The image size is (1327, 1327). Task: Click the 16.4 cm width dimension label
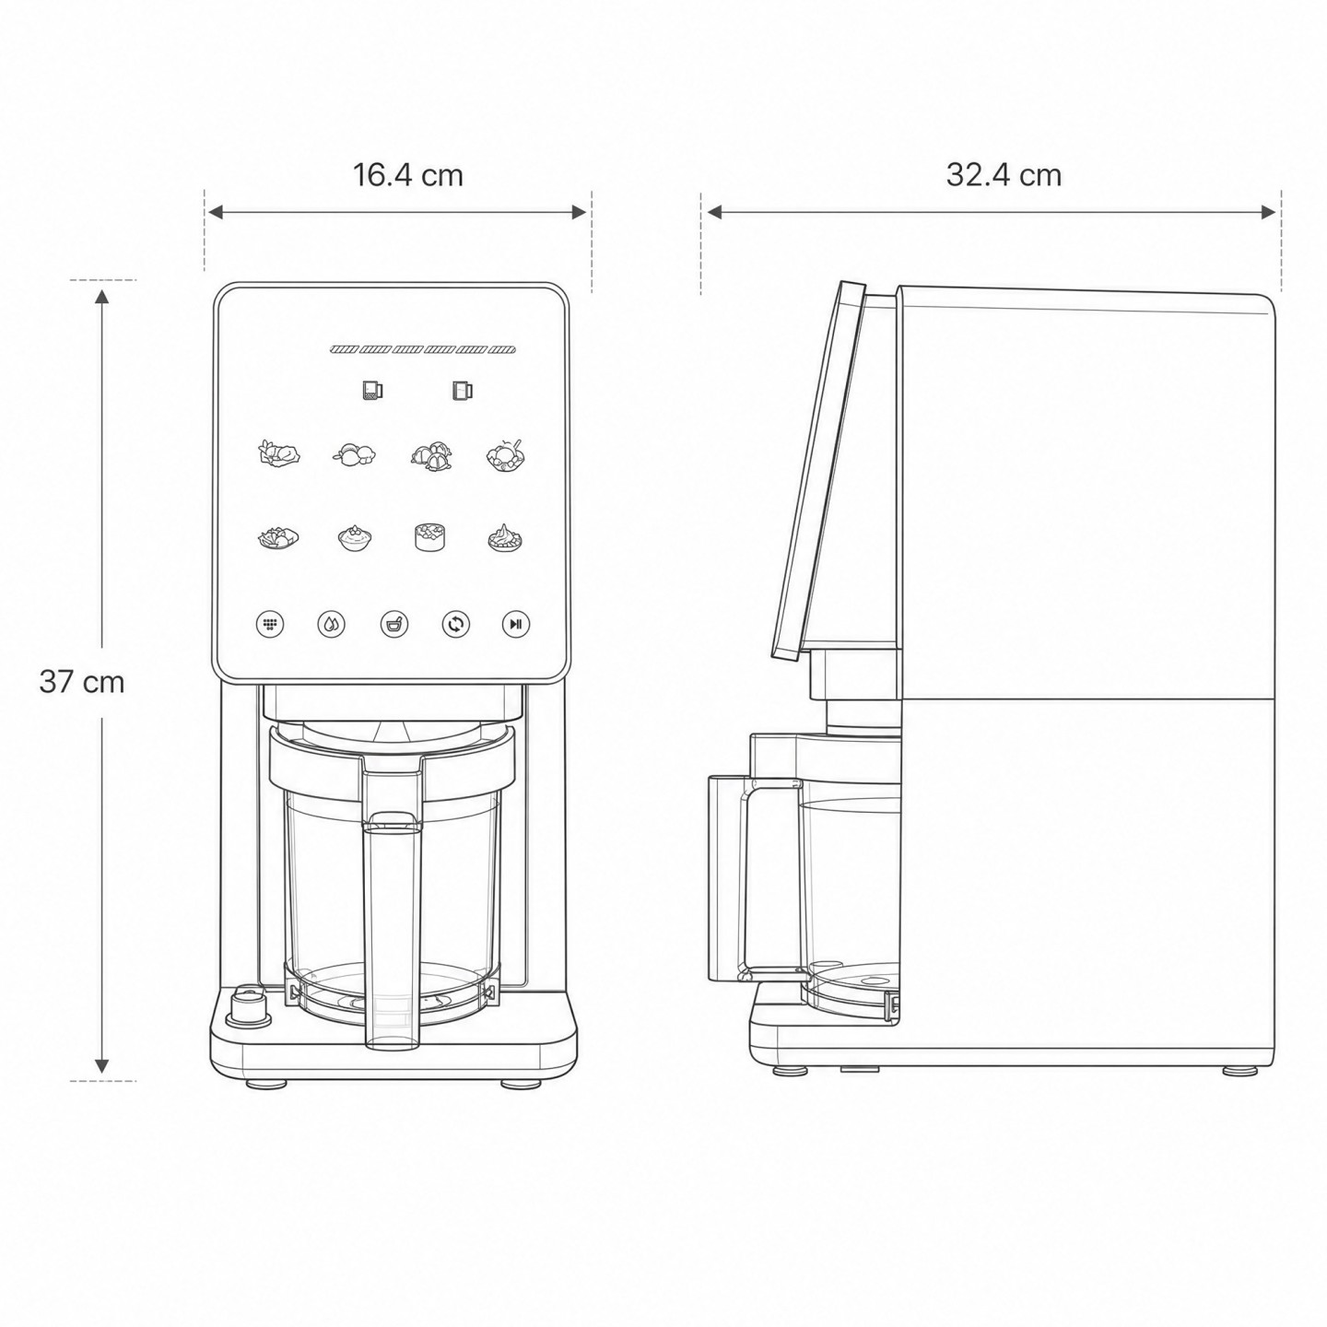pos(407,176)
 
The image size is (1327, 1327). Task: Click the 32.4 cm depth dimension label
pos(1004,175)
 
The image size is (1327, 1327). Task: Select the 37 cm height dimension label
pos(82,682)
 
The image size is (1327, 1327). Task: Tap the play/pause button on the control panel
pos(515,624)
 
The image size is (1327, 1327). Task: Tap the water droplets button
pos(331,624)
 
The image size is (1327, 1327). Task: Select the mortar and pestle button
pos(393,624)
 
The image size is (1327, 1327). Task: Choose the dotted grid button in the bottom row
pos(270,624)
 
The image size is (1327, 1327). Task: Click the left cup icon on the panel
pos(372,391)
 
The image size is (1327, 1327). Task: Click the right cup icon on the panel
pos(462,391)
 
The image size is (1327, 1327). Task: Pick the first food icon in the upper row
pos(279,453)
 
